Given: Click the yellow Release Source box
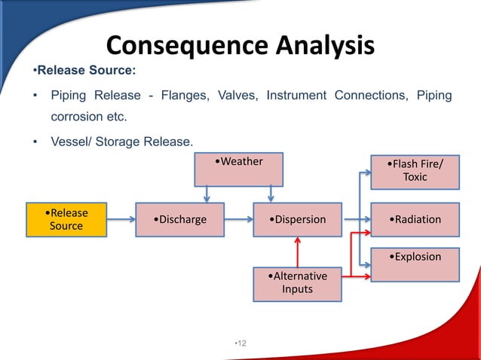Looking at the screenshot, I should coord(66,219).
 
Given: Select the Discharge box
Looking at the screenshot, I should coord(179,220).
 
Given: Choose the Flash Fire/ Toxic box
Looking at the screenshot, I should coord(415,171).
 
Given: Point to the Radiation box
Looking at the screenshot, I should coord(415,220).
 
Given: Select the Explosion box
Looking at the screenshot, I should coord(415,264).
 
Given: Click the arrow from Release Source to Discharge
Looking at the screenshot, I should coord(121,220).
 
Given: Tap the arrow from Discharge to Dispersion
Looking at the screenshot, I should coord(240,220).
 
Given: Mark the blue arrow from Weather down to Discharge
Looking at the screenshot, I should coord(207,194).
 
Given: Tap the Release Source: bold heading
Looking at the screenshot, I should coord(84,72).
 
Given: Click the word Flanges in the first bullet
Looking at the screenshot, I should coord(183,96).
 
